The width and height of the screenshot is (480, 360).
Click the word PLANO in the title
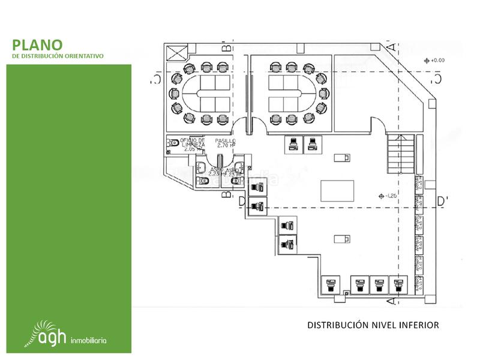coord(37,45)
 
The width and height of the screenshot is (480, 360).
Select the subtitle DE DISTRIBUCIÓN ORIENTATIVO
coord(58,56)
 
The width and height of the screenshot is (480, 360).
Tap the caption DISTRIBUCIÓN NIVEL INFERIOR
coord(373,325)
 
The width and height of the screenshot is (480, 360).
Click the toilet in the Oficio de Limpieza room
coord(172,143)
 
